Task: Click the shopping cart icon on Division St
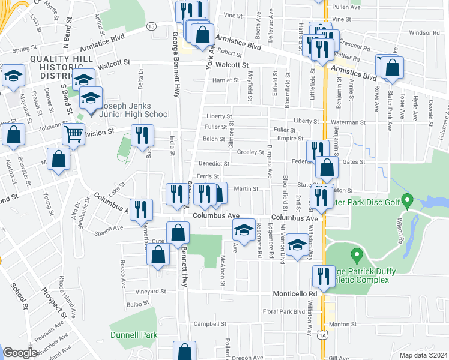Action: pyautogui.click(x=73, y=134)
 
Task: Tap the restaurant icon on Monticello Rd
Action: pyautogui.click(x=323, y=277)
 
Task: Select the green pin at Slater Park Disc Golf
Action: pyautogui.click(x=407, y=199)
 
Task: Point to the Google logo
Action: pyautogui.click(x=20, y=353)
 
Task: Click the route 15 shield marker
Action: pyautogui.click(x=152, y=26)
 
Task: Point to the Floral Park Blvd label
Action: pyautogui.click(x=284, y=311)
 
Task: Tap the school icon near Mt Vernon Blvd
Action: pyautogui.click(x=297, y=244)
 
